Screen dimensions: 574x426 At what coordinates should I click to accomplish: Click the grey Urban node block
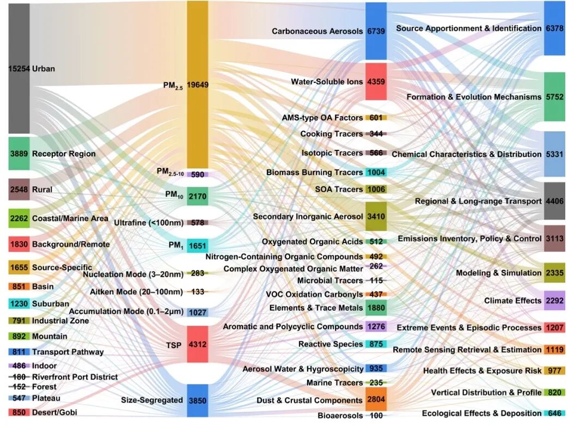(x=19, y=69)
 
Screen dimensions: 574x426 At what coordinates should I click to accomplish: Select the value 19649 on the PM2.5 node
(x=198, y=85)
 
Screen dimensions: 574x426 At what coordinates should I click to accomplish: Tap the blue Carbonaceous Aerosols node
(x=376, y=31)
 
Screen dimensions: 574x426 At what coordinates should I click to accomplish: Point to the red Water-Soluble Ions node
(x=376, y=82)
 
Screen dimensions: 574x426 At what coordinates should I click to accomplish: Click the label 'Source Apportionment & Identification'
(x=468, y=28)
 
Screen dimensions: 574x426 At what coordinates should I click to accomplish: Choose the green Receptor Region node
(x=19, y=154)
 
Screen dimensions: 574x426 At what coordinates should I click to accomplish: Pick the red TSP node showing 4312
(x=198, y=344)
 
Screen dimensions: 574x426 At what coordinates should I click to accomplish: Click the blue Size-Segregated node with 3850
(x=198, y=400)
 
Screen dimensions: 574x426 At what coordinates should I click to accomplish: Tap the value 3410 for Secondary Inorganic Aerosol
(x=376, y=216)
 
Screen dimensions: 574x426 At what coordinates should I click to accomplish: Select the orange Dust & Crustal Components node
(x=376, y=400)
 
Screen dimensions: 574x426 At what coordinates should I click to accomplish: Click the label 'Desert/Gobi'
(x=54, y=412)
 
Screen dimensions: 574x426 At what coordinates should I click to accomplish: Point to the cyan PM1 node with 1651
(x=198, y=246)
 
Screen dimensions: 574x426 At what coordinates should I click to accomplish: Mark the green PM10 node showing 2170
(x=198, y=195)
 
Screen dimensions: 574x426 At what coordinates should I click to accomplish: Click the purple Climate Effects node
(x=555, y=301)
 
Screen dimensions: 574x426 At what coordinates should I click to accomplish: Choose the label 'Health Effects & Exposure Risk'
(x=482, y=371)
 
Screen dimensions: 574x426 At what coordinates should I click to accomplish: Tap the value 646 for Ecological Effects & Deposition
(x=555, y=413)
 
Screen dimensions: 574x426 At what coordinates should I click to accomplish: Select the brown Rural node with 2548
(x=19, y=190)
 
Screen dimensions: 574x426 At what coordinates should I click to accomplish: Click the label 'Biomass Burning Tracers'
(x=314, y=173)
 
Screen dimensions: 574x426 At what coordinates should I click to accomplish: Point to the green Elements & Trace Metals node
(x=376, y=308)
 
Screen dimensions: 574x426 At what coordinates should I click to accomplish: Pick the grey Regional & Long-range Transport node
(x=555, y=201)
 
